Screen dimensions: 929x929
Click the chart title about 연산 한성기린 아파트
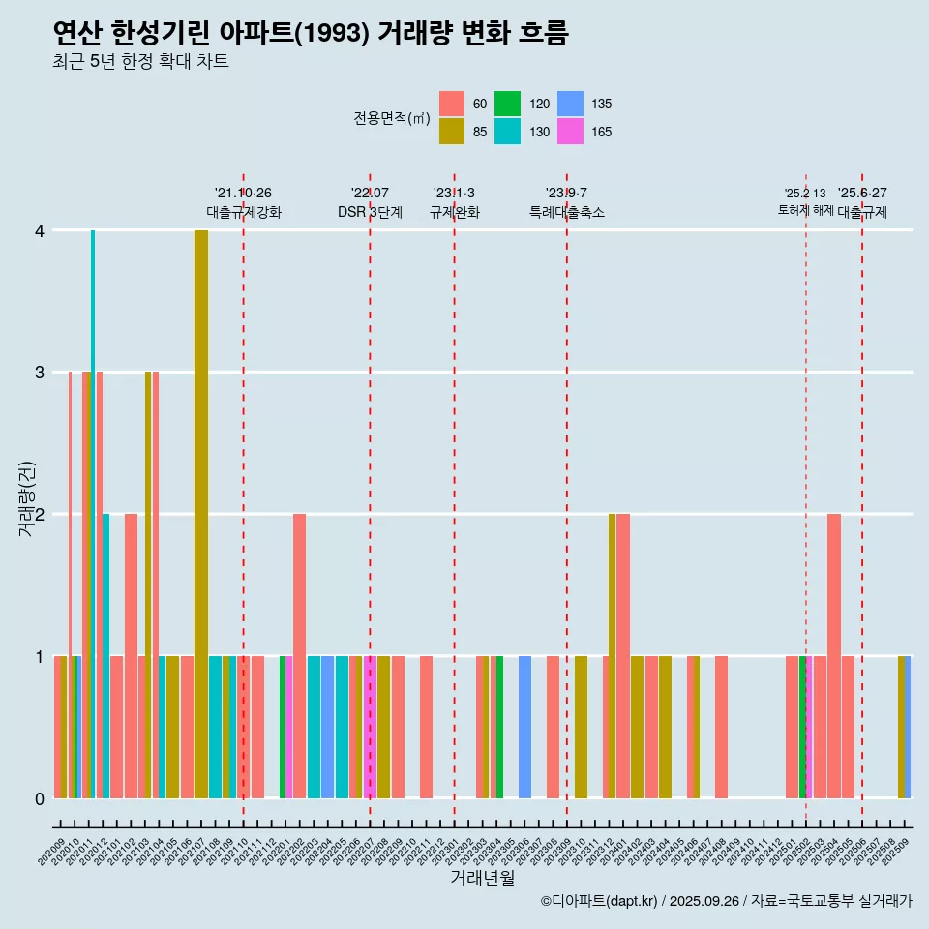(x=311, y=34)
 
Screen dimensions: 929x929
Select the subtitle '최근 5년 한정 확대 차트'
(x=141, y=63)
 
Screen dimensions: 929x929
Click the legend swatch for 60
(x=452, y=104)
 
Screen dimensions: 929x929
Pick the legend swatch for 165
(x=571, y=132)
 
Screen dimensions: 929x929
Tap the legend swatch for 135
(x=571, y=104)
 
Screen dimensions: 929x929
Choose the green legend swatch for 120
(x=508, y=104)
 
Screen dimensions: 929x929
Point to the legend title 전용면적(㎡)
(x=392, y=118)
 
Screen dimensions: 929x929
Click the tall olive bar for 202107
(x=201, y=513)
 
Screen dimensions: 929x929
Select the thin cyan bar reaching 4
(x=93, y=513)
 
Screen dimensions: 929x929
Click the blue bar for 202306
(x=524, y=727)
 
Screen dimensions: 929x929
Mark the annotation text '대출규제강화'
(x=244, y=212)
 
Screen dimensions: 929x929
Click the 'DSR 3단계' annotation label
(x=370, y=212)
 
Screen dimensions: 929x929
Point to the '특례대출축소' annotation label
(x=567, y=212)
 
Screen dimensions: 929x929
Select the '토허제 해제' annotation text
(x=805, y=209)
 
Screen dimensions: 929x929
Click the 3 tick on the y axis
(x=40, y=373)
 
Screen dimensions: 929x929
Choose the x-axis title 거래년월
(x=482, y=878)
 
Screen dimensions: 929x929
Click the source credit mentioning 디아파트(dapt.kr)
(x=726, y=901)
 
